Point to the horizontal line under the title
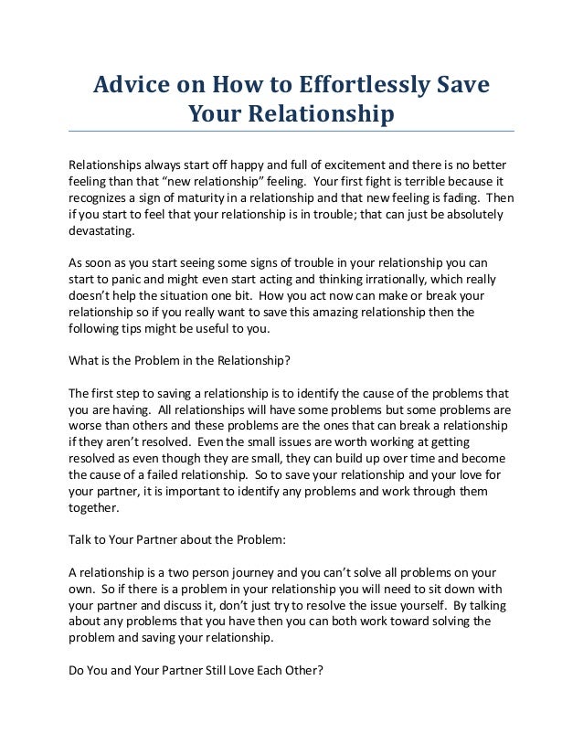(x=291, y=132)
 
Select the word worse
(x=87, y=426)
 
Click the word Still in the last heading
(x=210, y=670)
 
